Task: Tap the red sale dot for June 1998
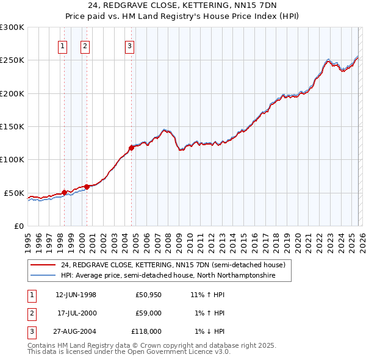pos(64,192)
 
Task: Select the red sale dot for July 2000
pos(87,187)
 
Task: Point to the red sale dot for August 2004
pos(131,148)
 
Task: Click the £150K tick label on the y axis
pos(12,127)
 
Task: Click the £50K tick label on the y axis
pos(14,193)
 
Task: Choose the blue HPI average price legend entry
pos(168,276)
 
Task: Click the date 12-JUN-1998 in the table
pos(76,295)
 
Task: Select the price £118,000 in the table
pos(146,331)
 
